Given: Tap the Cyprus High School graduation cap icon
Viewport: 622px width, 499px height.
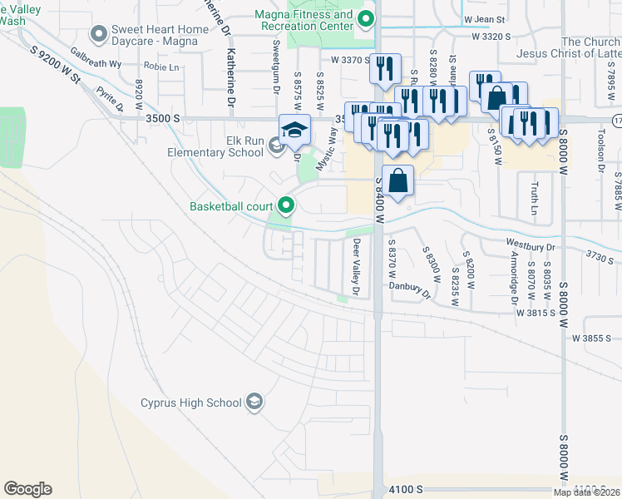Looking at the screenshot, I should (x=255, y=403).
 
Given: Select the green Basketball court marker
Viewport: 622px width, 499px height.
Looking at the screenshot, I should (x=287, y=205).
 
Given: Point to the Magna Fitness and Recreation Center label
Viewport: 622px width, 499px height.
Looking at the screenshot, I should (x=320, y=20).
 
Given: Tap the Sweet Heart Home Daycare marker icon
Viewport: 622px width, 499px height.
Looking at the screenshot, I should (x=99, y=34).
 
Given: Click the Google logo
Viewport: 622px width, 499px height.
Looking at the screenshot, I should (x=27, y=489).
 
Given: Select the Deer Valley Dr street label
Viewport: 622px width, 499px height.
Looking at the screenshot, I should (x=356, y=268).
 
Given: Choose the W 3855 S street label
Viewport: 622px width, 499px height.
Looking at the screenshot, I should (x=591, y=338).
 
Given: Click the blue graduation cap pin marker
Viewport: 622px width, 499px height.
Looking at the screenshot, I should (x=294, y=131).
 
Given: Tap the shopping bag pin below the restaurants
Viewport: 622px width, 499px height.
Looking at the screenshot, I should (x=399, y=180).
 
